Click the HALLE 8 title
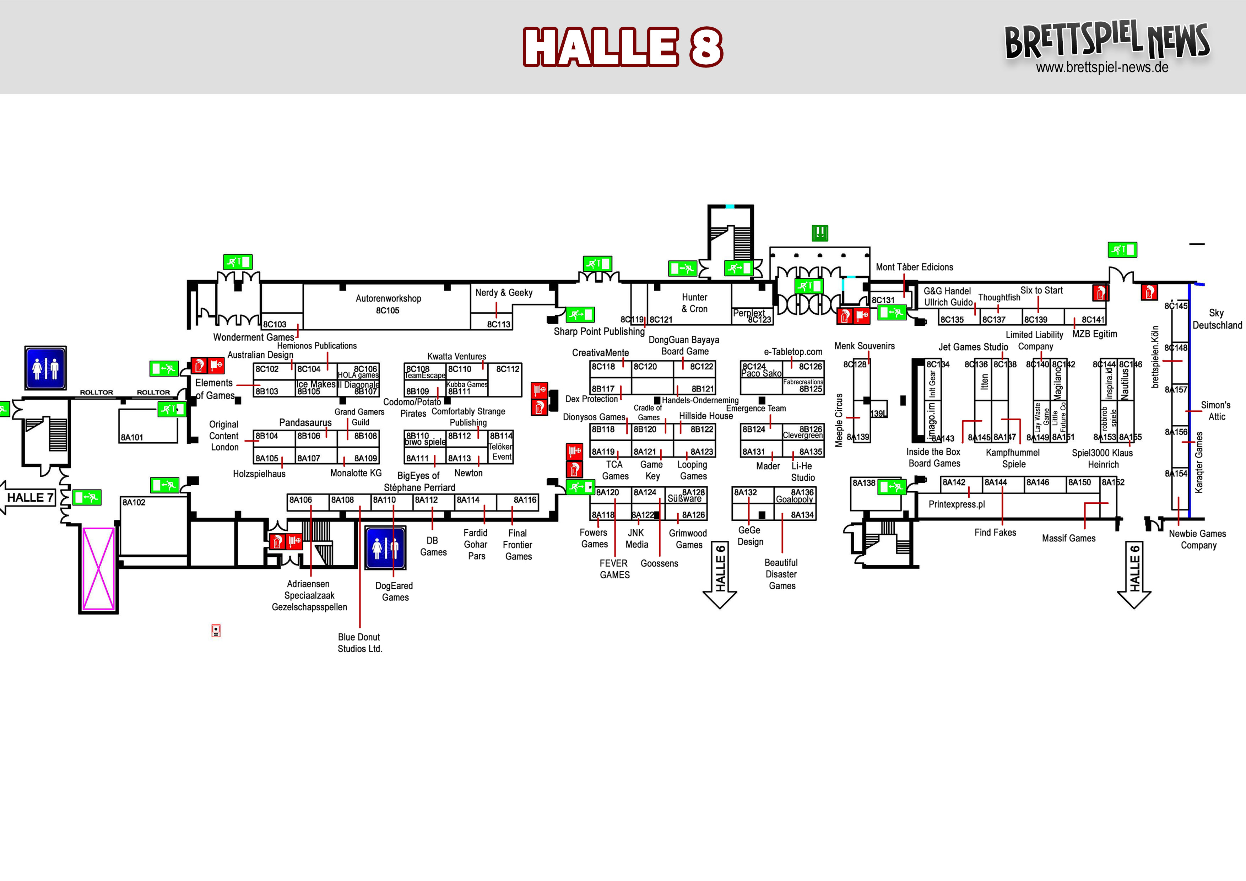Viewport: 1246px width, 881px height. (x=623, y=47)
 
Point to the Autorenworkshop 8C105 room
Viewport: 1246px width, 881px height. (x=388, y=304)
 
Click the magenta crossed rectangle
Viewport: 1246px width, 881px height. (x=98, y=568)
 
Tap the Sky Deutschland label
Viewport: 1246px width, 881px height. (x=1217, y=319)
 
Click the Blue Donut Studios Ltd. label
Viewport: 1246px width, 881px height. (x=360, y=643)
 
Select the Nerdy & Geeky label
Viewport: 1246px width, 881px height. (x=504, y=293)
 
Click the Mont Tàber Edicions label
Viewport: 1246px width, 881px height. (x=914, y=267)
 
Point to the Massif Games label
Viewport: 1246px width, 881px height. (x=1068, y=538)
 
